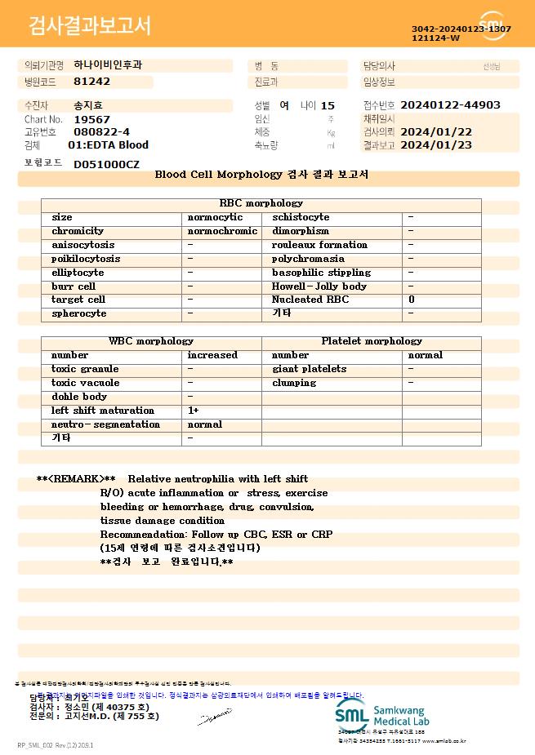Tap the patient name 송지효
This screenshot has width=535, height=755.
(88, 105)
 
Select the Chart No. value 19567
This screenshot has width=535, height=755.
(91, 119)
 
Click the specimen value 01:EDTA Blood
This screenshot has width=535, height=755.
(108, 145)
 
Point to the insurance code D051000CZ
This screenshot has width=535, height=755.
(106, 164)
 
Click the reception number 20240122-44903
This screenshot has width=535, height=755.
(451, 105)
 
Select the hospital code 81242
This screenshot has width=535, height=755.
(91, 82)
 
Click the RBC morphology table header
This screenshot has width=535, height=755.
(261, 203)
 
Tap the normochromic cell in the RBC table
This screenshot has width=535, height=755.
(222, 231)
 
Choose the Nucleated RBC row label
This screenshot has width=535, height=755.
(310, 300)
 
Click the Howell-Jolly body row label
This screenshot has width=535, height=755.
(319, 286)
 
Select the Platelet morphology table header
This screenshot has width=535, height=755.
(372, 341)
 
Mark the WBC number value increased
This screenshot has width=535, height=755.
(212, 355)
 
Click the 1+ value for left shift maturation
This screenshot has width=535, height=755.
(194, 411)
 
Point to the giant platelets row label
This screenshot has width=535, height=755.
(309, 369)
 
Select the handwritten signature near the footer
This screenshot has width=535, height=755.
(214, 718)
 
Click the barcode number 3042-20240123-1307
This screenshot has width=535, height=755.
(461, 29)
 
